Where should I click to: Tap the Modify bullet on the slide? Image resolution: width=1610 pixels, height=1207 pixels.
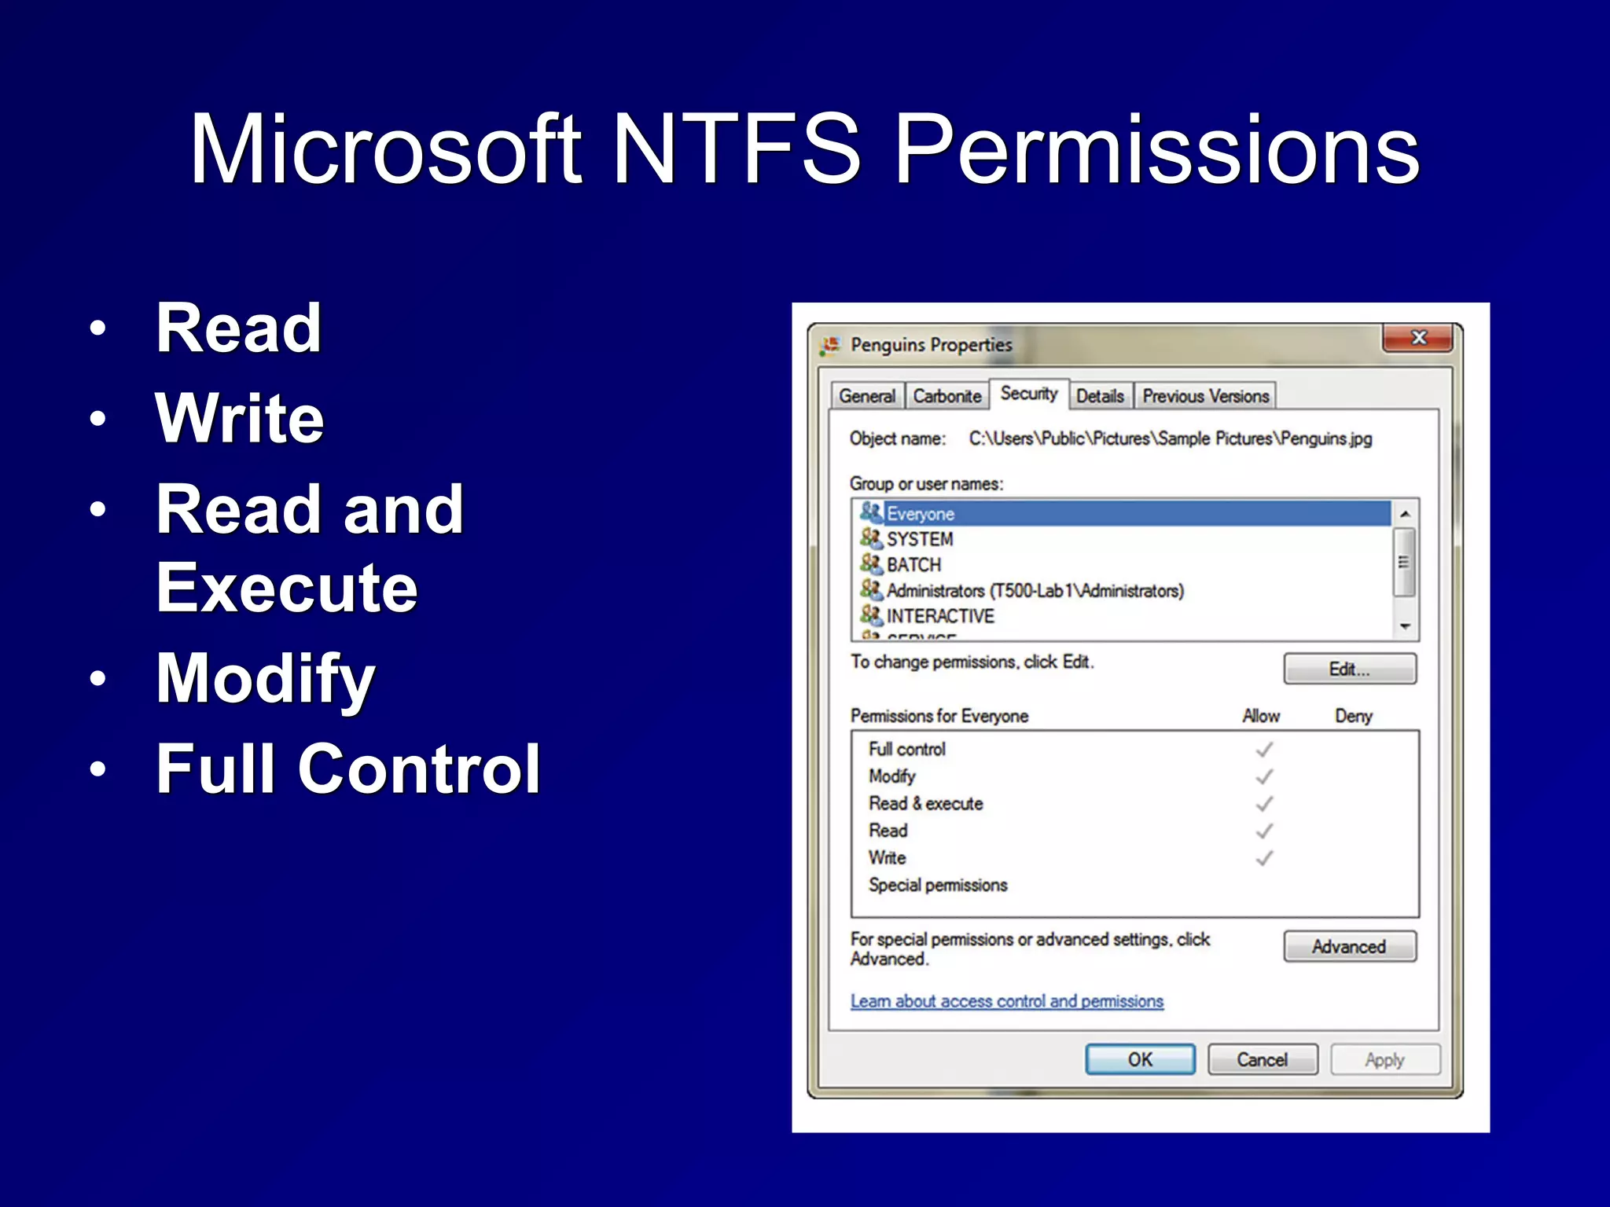(x=266, y=678)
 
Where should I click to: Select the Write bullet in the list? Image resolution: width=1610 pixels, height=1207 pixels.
(x=240, y=418)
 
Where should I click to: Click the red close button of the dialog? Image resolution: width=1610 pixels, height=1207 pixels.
(x=1418, y=338)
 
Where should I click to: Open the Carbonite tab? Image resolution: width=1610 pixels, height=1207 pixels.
(x=947, y=396)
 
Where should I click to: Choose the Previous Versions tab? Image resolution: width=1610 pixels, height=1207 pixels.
(x=1205, y=396)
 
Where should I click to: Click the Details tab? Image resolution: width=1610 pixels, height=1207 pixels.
(x=1099, y=396)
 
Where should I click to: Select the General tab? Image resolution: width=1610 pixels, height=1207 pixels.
(x=866, y=396)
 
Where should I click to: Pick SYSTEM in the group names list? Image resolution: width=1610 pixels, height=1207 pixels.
(x=919, y=539)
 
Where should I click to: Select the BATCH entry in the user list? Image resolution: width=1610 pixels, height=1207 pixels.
(x=913, y=565)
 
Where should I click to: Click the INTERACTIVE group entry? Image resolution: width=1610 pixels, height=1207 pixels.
(x=939, y=616)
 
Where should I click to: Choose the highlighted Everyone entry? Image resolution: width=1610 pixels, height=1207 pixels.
(x=920, y=514)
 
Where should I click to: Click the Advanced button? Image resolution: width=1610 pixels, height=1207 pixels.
(x=1349, y=947)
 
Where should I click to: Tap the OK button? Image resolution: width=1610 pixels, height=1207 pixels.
(x=1140, y=1059)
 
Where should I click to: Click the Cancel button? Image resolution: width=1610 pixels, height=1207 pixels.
(x=1262, y=1059)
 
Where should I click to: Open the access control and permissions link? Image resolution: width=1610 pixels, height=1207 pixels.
(x=1006, y=1001)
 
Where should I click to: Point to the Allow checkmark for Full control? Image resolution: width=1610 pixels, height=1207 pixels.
(x=1264, y=750)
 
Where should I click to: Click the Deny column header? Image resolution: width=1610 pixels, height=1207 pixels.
(x=1353, y=716)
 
